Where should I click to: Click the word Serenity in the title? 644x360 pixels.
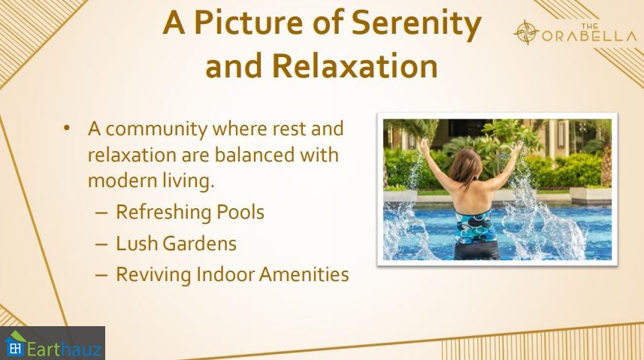pyautogui.click(x=416, y=23)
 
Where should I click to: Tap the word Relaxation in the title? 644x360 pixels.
pyautogui.click(x=355, y=65)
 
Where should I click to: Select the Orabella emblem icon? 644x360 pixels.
pyautogui.click(x=526, y=32)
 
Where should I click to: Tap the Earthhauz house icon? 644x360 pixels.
pyautogui.click(x=15, y=343)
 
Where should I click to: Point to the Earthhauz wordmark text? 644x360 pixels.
pyautogui.click(x=64, y=349)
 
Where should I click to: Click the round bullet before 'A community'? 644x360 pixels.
pyautogui.click(x=67, y=129)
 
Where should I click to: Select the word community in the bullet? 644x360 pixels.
pyautogui.click(x=156, y=129)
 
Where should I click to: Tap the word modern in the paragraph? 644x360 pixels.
pyautogui.click(x=117, y=181)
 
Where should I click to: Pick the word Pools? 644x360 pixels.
pyautogui.click(x=240, y=212)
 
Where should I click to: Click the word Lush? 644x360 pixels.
pyautogui.click(x=137, y=244)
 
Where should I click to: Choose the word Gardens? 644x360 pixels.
pyautogui.click(x=200, y=244)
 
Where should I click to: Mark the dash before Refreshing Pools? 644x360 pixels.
pyautogui.click(x=101, y=213)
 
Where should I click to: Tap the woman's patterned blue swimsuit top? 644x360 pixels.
pyautogui.click(x=476, y=227)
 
